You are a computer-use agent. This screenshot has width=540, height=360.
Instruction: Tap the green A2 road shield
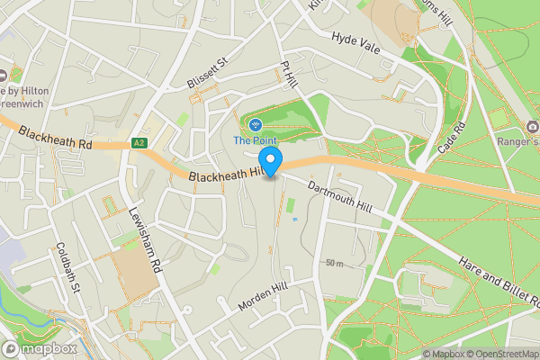(139, 143)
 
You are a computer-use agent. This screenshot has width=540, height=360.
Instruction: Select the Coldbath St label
(68, 265)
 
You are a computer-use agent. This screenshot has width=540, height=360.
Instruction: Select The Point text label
(256, 139)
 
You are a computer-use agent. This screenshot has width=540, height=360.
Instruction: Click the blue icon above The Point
(256, 124)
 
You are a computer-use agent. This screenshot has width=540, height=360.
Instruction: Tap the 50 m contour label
(335, 264)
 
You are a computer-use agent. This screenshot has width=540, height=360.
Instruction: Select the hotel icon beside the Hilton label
(3, 76)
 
